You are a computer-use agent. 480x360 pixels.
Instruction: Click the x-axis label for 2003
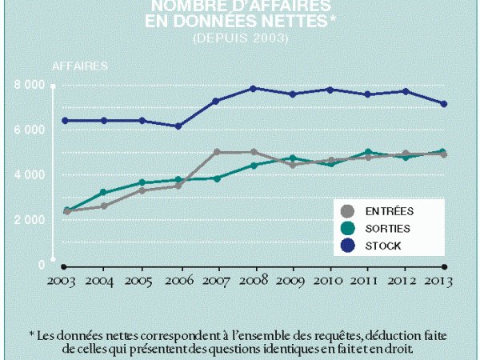pos(63,282)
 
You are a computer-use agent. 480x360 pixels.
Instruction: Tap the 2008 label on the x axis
pos(254,282)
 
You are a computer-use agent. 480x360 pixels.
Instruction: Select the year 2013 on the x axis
pos(445,282)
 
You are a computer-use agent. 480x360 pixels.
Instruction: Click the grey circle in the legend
pos(346,211)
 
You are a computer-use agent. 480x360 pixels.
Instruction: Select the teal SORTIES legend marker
pos(346,228)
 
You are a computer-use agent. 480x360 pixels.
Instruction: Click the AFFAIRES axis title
pos(80,66)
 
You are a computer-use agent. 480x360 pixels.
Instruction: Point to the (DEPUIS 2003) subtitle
pos(240,38)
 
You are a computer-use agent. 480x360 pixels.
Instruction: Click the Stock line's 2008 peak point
pos(254,88)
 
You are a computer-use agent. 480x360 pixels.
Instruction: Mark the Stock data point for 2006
pos(178,126)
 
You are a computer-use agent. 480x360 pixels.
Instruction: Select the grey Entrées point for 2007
pos(217,152)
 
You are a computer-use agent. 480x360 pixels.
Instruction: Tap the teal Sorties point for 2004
pos(102,192)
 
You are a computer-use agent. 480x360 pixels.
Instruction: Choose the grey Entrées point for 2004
pos(102,206)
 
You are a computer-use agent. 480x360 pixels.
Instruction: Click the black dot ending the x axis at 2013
pos(445,266)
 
